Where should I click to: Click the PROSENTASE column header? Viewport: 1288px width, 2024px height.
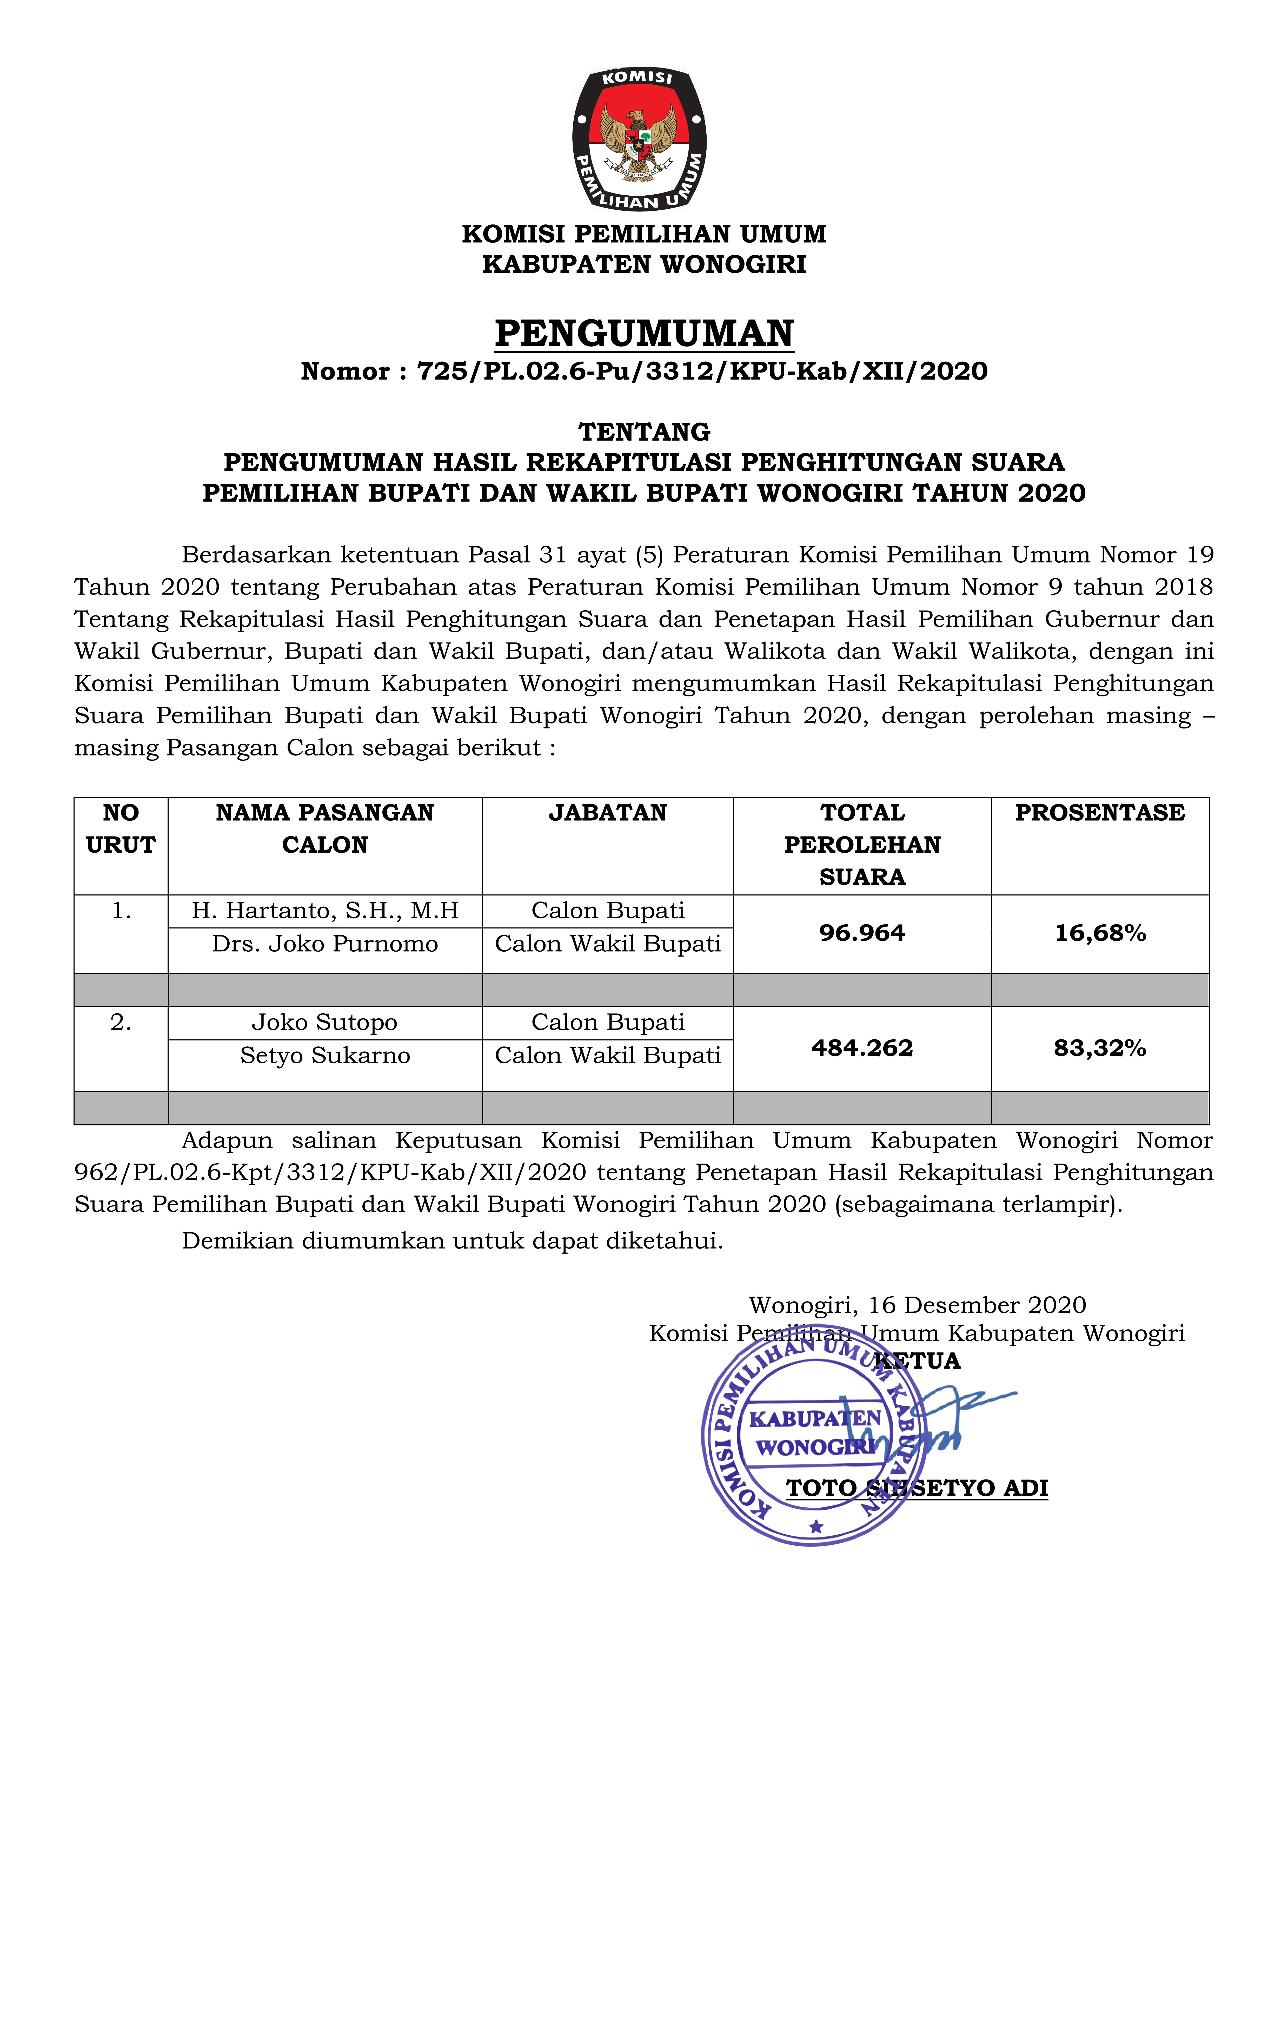1100,813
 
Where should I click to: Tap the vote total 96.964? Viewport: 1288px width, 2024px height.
862,933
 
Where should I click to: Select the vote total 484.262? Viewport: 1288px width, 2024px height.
862,1048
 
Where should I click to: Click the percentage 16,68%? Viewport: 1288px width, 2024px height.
1100,933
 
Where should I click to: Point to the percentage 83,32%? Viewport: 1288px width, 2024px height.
1100,1048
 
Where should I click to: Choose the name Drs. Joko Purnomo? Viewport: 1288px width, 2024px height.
325,944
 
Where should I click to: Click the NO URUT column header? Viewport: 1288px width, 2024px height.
121,829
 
